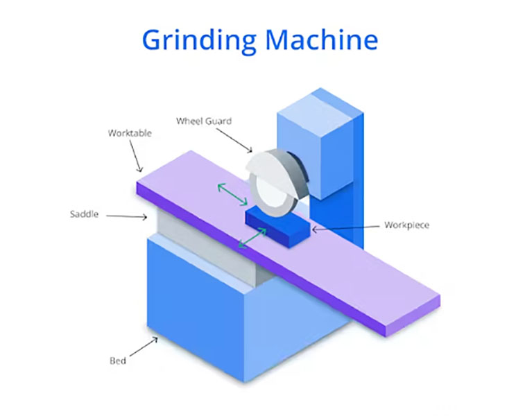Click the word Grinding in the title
coord(199,41)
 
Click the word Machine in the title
coord(322,40)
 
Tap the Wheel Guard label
coord(204,121)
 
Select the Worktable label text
coord(130,133)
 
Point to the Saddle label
coord(85,214)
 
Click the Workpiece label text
coord(407,225)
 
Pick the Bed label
coord(118,361)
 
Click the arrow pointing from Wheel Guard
coord(234,141)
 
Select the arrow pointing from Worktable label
coord(137,156)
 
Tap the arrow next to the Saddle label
coord(126,216)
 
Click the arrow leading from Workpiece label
coord(345,228)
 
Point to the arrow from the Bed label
coord(144,347)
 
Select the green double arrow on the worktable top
coord(232,194)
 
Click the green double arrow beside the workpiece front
coord(252,238)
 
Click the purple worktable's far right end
coord(435,300)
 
